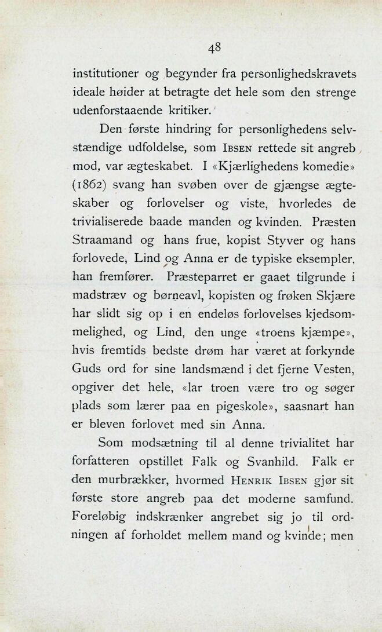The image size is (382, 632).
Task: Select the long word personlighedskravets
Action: click(287, 74)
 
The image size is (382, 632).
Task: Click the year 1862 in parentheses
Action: click(93, 185)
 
